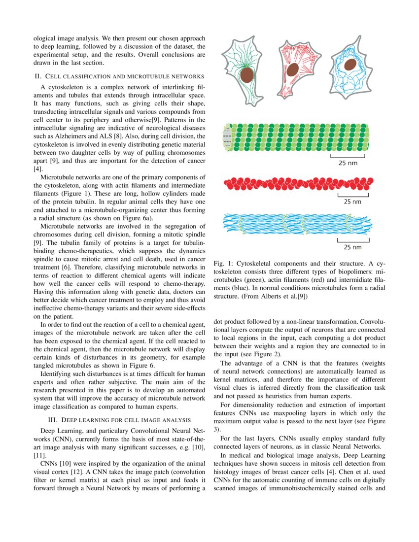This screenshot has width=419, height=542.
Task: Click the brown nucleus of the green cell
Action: click(x=246, y=75)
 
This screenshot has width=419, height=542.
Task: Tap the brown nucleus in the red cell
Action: click(x=292, y=69)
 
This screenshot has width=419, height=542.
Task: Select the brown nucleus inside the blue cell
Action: click(x=350, y=65)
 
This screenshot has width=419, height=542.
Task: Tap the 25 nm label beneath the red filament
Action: click(x=352, y=202)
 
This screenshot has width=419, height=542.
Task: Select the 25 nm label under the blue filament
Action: click(x=352, y=247)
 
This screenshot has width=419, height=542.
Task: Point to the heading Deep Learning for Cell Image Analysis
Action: click(x=126, y=420)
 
